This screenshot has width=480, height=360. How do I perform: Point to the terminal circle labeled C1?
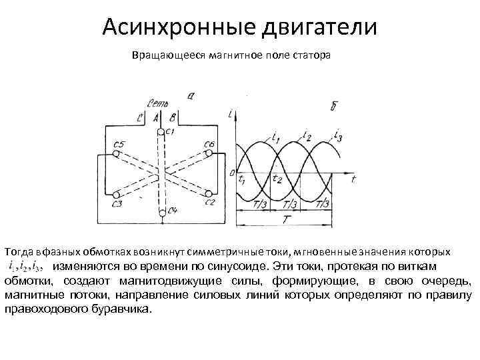click(161, 131)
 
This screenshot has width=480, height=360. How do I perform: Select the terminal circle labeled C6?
click(209, 153)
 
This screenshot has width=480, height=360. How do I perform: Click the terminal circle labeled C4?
click(162, 213)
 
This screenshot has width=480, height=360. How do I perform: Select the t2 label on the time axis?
click(277, 179)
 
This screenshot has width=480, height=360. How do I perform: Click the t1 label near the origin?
click(241, 181)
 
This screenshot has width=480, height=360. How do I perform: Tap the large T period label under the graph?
click(287, 219)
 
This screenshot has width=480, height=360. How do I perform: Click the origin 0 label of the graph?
click(232, 173)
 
